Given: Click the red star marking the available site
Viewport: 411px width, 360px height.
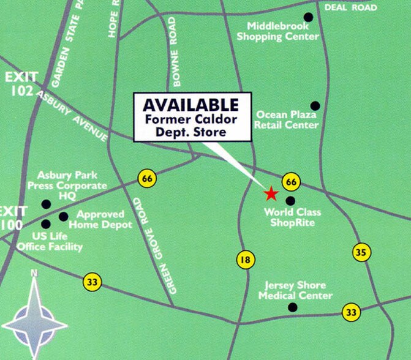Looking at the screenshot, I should (x=271, y=194).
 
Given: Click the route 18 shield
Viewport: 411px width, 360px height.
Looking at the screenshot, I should (x=245, y=260).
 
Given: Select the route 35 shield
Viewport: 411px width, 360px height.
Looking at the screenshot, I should (x=360, y=252).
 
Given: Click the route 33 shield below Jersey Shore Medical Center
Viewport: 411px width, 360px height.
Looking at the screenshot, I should (x=350, y=312).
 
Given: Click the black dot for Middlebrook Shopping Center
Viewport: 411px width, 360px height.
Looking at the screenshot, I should (x=308, y=17).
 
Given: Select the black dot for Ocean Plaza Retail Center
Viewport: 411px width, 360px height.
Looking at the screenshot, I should (x=315, y=105).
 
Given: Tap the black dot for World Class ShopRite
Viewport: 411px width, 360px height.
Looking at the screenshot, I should (x=290, y=200).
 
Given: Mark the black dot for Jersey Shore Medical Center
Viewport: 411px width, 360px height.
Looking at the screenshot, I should (x=292, y=307).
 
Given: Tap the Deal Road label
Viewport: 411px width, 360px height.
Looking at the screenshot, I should (x=350, y=7).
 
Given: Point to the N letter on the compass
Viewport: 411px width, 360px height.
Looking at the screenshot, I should (x=34, y=273).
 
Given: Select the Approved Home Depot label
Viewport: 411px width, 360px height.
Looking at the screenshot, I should (x=100, y=220).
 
